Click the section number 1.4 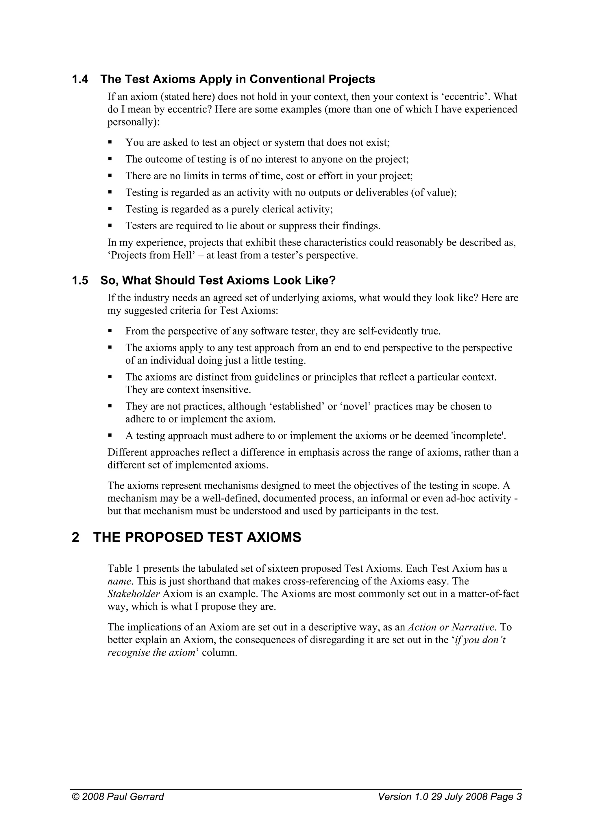coord(80,79)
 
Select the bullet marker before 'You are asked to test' coord(110,142)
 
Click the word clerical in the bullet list coord(274,209)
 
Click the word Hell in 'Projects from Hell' coord(183,255)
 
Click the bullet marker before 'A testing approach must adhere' coord(110,435)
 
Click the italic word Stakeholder coord(134,594)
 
